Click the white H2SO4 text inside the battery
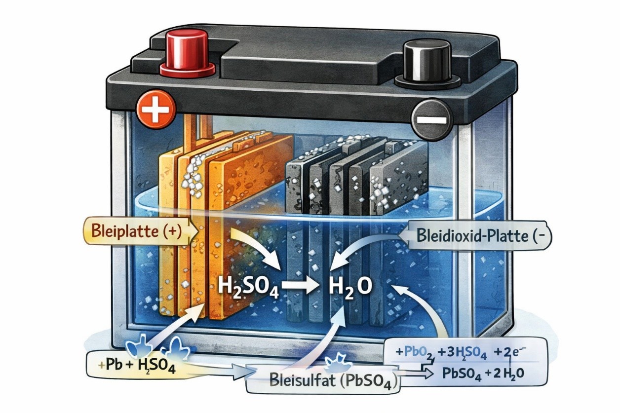tap(248, 287)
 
